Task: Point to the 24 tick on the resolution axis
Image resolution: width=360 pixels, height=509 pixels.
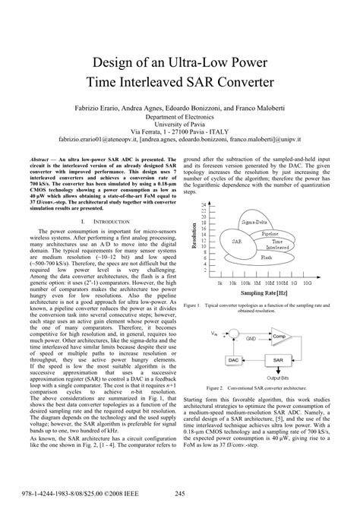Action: pyautogui.click(x=207, y=205)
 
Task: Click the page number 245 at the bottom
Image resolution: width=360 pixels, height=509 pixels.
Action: pyautogui.click(x=180, y=495)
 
